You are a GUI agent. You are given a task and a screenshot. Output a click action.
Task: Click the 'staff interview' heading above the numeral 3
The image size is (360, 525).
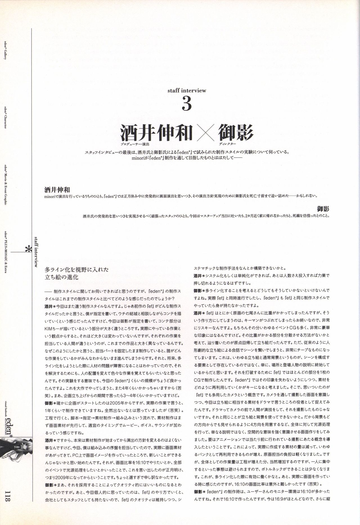[187, 90]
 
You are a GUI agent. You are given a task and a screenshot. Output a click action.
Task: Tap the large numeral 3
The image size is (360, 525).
[187, 104]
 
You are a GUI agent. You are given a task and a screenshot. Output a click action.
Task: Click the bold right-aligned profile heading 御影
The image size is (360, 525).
[323, 209]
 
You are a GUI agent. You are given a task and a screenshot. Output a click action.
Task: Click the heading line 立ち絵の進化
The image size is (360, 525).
[61, 277]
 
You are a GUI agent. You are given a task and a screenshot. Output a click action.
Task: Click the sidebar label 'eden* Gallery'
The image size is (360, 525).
[5, 50]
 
